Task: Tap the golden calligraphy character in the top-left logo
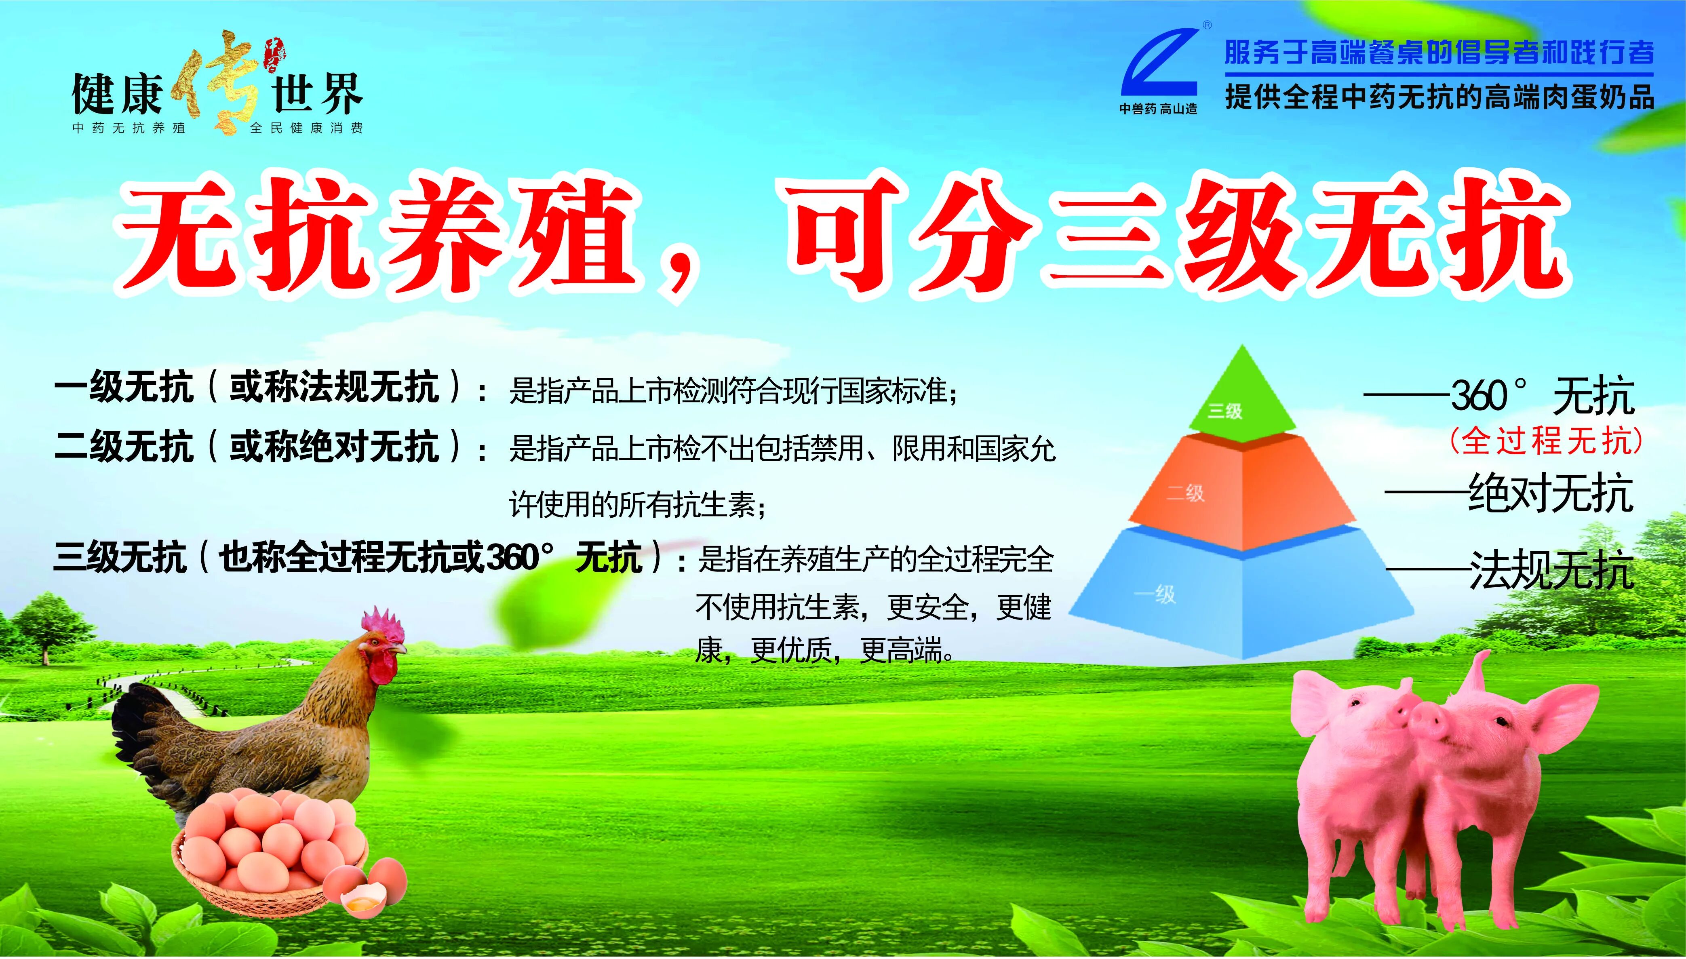click(217, 82)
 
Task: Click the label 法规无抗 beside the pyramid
click(1551, 570)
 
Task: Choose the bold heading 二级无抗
click(124, 447)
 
